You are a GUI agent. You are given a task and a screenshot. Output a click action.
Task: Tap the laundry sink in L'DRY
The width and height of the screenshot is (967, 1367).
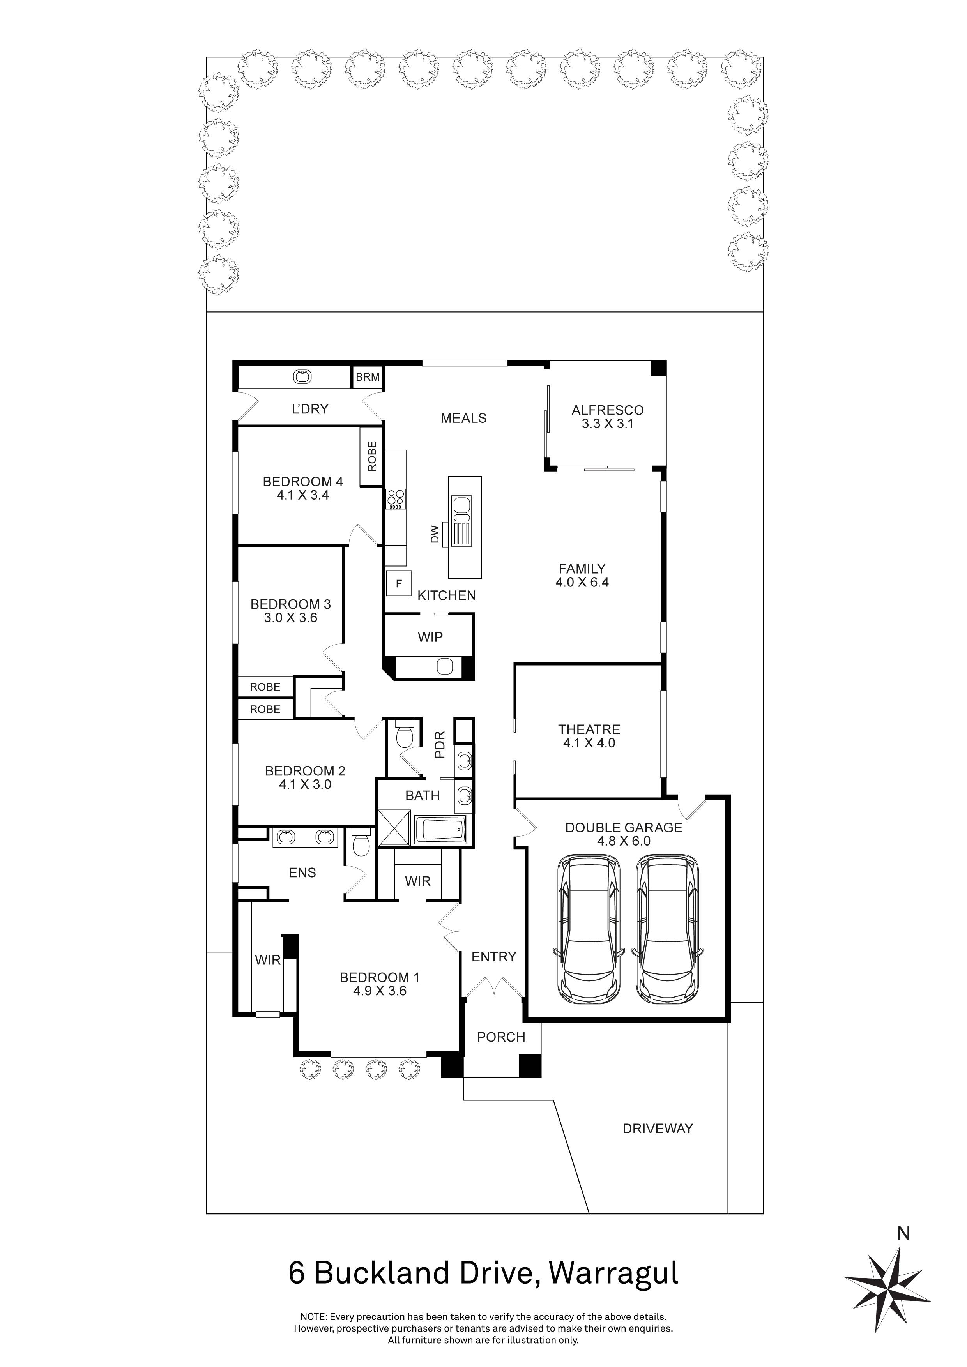pyautogui.click(x=302, y=376)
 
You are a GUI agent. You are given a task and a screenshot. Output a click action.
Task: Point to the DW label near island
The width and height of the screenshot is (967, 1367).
pyautogui.click(x=435, y=534)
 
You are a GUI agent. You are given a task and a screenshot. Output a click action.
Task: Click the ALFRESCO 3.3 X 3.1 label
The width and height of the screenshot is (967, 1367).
pyautogui.click(x=607, y=417)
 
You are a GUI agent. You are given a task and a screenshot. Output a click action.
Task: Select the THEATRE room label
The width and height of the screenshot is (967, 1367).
pyautogui.click(x=589, y=729)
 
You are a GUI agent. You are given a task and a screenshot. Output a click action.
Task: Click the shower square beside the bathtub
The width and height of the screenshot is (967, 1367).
pyautogui.click(x=394, y=828)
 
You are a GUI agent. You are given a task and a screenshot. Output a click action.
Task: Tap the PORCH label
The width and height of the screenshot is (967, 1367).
pyautogui.click(x=501, y=1037)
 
